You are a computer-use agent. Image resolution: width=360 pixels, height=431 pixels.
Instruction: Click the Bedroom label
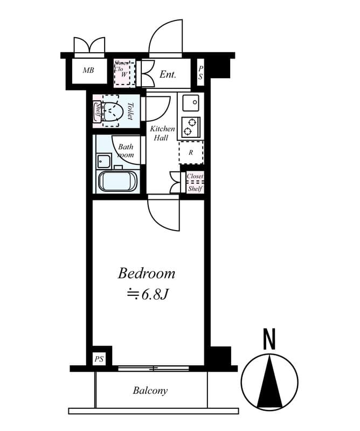pyautogui.click(x=146, y=273)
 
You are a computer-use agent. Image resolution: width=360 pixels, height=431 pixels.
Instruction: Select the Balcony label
pyautogui.click(x=150, y=391)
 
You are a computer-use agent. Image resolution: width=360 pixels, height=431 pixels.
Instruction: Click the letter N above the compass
pyautogui.click(x=269, y=340)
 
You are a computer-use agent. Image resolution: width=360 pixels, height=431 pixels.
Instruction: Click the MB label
pyautogui.click(x=88, y=71)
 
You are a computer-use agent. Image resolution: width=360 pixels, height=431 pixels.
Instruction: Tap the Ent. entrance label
pyautogui.click(x=168, y=74)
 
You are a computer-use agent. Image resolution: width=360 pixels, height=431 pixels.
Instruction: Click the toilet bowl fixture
pyautogui.click(x=113, y=112)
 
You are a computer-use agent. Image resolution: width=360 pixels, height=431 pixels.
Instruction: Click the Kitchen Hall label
pyautogui.click(x=162, y=133)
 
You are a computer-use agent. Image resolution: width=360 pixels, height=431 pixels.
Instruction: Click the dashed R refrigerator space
pyautogui.click(x=191, y=152)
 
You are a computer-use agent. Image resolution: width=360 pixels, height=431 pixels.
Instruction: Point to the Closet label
pyautogui.click(x=195, y=176)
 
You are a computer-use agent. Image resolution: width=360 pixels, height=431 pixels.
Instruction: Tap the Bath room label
pyautogui.click(x=126, y=150)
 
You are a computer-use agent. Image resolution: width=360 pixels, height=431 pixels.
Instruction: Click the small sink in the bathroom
pyautogui.click(x=103, y=161)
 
